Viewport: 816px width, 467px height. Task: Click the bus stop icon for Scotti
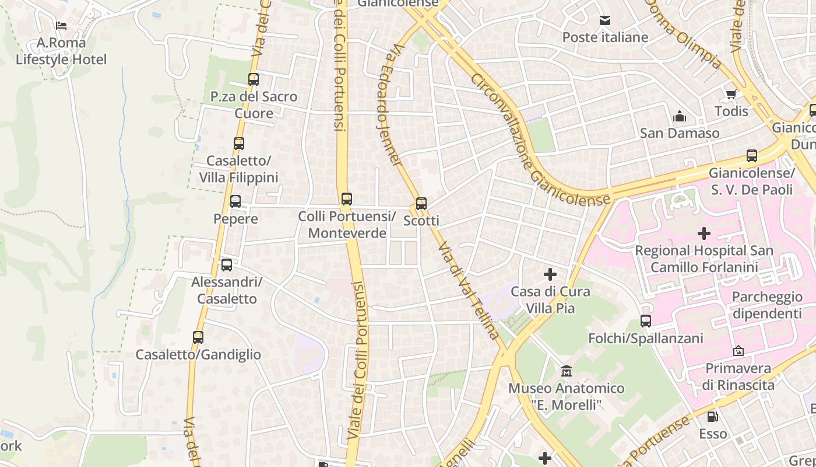click(421, 204)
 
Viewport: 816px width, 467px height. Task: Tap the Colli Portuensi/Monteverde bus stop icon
click(347, 199)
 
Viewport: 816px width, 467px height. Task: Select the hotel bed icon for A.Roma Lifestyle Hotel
click(61, 26)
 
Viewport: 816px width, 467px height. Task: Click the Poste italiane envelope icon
click(605, 20)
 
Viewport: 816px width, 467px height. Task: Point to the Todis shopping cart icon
click(731, 94)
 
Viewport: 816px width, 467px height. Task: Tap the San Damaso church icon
click(680, 117)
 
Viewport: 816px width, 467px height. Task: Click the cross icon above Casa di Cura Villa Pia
click(550, 274)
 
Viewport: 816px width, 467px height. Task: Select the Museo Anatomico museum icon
click(566, 371)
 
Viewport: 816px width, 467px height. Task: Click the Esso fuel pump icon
click(712, 417)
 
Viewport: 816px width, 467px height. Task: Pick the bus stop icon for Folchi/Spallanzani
click(645, 321)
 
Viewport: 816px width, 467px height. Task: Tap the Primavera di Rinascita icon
click(738, 351)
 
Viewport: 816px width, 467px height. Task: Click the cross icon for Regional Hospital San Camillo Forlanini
click(704, 233)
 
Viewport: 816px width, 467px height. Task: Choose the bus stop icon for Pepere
click(235, 201)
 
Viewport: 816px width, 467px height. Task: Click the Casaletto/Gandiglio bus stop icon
click(198, 337)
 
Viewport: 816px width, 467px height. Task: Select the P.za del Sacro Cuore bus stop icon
click(253, 79)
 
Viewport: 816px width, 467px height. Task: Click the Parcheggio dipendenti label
click(767, 305)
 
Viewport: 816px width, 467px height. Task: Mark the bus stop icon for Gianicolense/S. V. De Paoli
click(752, 156)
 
